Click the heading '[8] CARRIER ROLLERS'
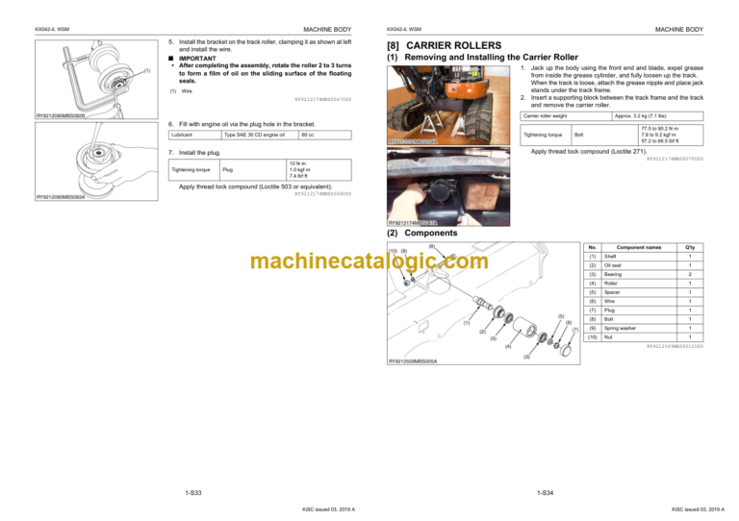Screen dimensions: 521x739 click(x=443, y=45)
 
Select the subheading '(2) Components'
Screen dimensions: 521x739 click(x=420, y=233)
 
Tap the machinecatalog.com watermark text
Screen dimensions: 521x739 click(x=369, y=262)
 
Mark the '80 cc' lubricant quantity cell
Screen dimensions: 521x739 click(x=307, y=146)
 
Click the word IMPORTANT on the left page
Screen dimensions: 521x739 click(x=197, y=57)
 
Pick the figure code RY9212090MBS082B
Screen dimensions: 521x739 click(x=62, y=116)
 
